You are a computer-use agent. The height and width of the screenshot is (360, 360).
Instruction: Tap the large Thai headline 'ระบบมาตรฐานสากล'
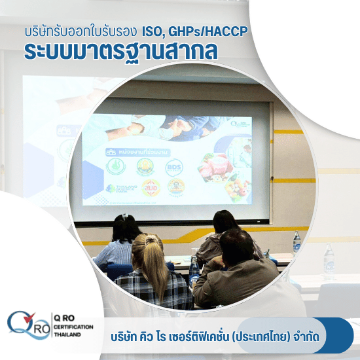point(120,52)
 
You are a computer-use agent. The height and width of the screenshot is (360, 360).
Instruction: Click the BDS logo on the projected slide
point(174,168)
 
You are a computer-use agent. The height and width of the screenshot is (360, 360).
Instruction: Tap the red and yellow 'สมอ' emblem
point(151,188)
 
